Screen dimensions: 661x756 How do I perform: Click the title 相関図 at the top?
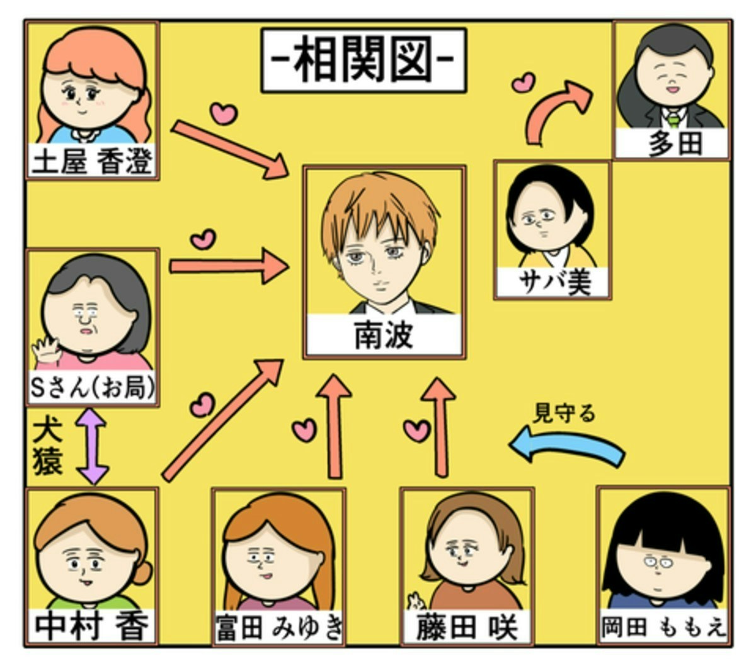tap(364, 60)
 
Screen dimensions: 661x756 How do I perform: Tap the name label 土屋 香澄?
tap(92, 162)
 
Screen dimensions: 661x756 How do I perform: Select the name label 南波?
tap(384, 336)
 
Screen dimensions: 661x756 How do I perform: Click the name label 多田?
tap(673, 144)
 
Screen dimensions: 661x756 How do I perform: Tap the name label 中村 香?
tap(92, 627)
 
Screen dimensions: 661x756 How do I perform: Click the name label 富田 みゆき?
tap(279, 628)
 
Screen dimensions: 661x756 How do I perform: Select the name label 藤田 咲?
tap(467, 628)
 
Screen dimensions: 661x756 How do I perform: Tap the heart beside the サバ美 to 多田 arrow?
tap(523, 82)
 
